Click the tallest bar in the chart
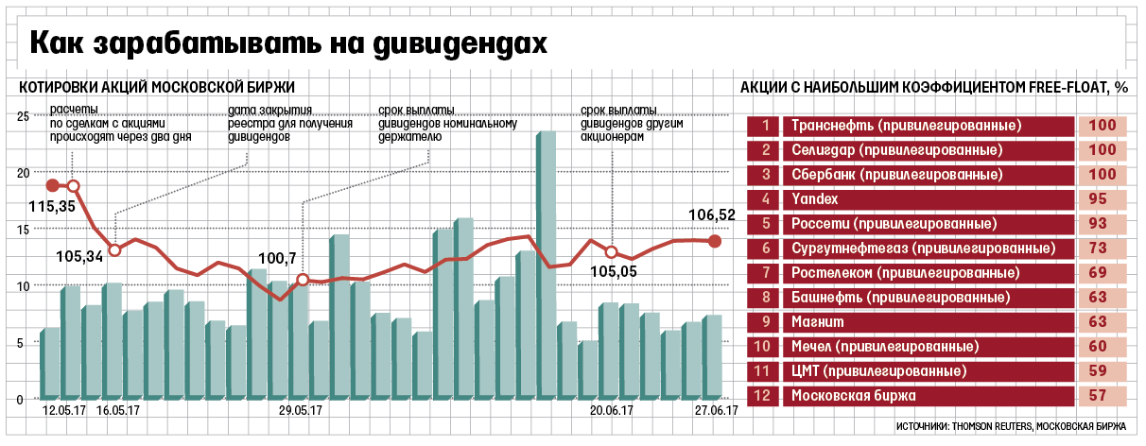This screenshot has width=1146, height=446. [545, 265]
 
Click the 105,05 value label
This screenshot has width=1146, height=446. [613, 273]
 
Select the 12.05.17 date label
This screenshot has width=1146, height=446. [65, 411]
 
